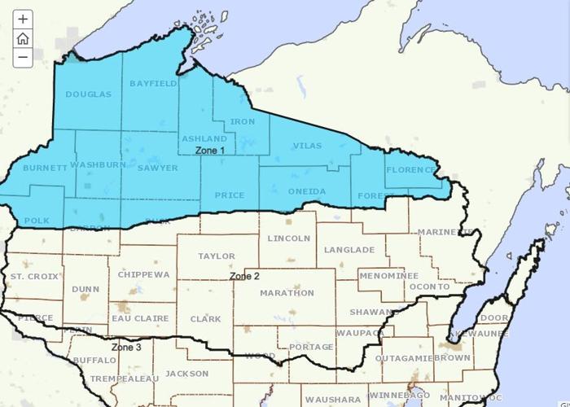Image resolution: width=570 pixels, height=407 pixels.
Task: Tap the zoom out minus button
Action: [x=23, y=57]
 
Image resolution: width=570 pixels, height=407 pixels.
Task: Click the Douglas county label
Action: [x=88, y=94]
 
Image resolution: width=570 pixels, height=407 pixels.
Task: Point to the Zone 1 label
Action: [x=210, y=151]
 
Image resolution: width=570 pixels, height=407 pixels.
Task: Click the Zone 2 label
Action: [x=244, y=276]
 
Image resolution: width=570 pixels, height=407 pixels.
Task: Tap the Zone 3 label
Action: [x=126, y=347]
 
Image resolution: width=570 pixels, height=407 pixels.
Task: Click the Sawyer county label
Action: [x=157, y=168]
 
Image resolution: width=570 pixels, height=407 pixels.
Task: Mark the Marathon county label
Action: [x=287, y=292]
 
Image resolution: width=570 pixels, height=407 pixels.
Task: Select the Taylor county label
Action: [x=216, y=256]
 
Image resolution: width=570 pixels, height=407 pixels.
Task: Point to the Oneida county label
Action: [x=307, y=191]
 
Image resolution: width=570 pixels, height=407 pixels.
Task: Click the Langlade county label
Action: [x=349, y=250]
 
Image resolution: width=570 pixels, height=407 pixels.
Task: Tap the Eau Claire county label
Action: [x=139, y=318]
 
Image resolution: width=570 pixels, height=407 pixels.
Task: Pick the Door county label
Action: [x=494, y=317]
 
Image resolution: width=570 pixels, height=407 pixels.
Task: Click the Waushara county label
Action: [x=334, y=400]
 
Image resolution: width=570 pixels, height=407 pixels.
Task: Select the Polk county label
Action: [x=37, y=221]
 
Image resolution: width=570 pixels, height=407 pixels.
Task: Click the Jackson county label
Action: [x=186, y=374]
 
